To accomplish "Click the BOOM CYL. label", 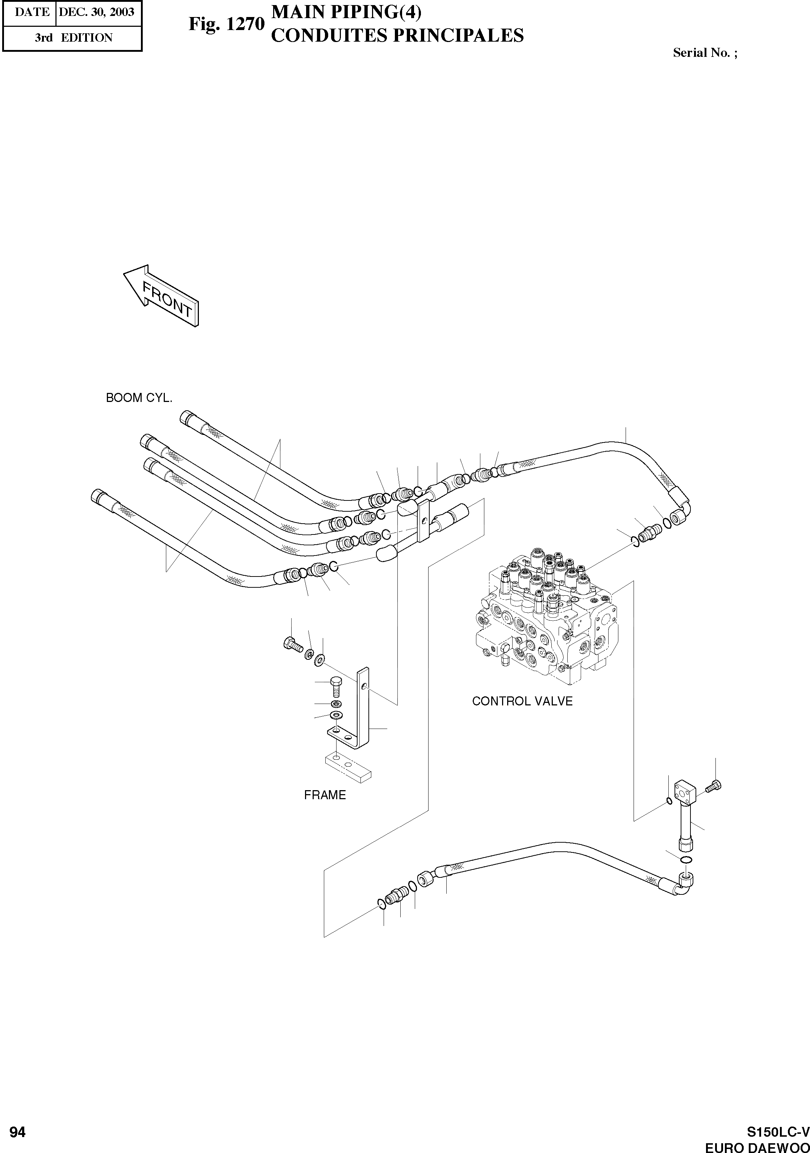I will pos(139,398).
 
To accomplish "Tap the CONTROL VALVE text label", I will pos(522,701).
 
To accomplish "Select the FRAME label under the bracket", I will pos(325,795).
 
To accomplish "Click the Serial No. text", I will pos(705,53).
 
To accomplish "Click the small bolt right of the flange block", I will pos(714,787).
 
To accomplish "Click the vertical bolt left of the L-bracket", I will pos(336,685).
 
